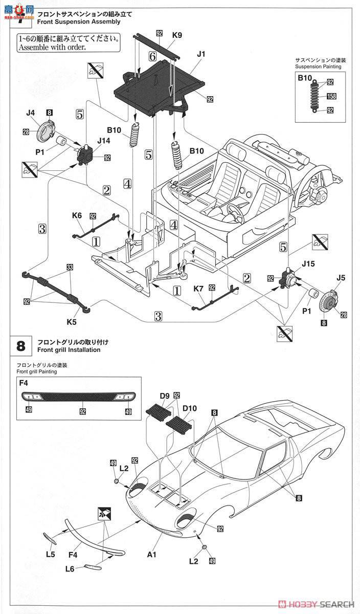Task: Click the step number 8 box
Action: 20,346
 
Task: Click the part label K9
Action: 177,35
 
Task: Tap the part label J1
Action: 200,53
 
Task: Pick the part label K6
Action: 77,216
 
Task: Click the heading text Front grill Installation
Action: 69,350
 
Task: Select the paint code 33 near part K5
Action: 70,267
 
